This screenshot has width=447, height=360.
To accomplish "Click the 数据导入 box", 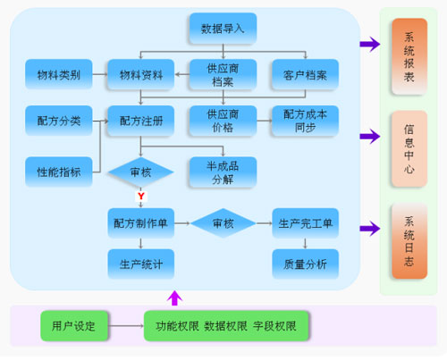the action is point(223,29).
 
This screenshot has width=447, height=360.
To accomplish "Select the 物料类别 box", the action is point(59,74).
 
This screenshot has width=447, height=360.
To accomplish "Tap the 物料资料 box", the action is point(141,74).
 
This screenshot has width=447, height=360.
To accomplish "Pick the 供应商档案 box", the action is point(223,74).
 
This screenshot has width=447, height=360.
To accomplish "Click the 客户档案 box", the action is point(305,74).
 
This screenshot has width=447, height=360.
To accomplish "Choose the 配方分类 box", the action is point(59,121).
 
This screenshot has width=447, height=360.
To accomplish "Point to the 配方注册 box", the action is point(141,121).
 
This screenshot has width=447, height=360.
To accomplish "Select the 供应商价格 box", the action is point(223,121).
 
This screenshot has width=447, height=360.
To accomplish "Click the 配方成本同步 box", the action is point(305,121).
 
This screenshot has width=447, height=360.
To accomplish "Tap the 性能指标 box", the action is point(59,172).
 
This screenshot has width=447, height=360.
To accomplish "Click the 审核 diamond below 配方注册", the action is point(141,172).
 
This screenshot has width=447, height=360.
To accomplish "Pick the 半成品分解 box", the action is point(223,172).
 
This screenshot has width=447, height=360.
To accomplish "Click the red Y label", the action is point(141,196).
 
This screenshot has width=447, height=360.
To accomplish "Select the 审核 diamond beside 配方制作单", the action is point(223,223).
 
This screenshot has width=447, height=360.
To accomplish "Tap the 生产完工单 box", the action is point(305,223).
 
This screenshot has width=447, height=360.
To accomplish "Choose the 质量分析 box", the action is point(305,264).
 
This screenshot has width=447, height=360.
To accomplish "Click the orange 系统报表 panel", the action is point(409,56).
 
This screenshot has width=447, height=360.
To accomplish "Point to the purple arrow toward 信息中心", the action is point(370,137).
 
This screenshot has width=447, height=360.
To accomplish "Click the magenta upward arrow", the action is point(174,297).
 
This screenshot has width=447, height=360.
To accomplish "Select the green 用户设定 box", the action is point(74,326).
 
